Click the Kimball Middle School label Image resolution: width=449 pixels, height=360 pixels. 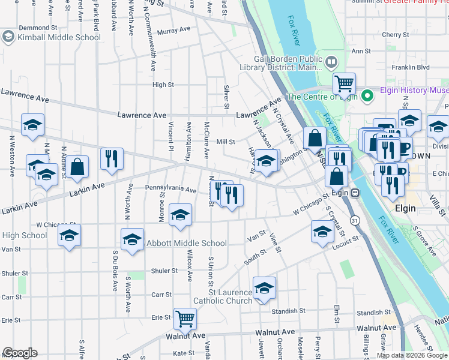point(59,37)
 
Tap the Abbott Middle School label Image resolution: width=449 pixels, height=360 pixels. point(187,243)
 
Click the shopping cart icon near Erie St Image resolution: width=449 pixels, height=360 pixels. point(185,319)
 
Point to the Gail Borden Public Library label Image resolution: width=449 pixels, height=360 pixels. point(288,63)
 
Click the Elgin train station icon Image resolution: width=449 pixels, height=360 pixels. point(355,193)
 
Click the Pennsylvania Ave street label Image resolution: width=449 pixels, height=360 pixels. point(171,190)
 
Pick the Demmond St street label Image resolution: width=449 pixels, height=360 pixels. point(37,28)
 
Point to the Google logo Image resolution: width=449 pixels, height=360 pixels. point(20,353)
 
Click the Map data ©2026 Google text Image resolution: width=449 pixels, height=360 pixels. point(412,355)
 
